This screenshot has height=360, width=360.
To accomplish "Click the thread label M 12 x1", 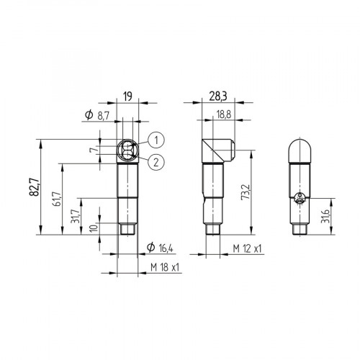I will click(x=247, y=248).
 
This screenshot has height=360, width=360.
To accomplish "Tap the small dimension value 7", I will click(x=91, y=150).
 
